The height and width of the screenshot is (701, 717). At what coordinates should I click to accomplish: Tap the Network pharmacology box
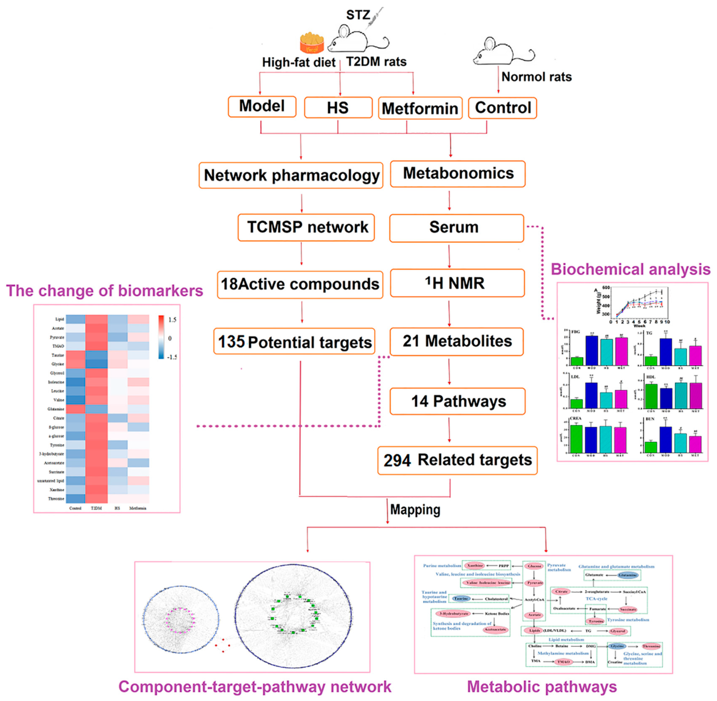[x=291, y=175]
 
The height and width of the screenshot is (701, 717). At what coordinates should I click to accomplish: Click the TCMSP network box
[x=306, y=227]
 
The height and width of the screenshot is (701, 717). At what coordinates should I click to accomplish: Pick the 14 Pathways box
[x=457, y=401]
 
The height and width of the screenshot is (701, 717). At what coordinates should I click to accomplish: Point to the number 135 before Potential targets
[x=231, y=342]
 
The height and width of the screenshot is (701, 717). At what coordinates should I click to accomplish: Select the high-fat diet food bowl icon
[x=312, y=43]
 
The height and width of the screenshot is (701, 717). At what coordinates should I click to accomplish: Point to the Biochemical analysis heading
[x=630, y=269]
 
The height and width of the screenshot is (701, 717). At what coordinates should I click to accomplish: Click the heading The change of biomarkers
[x=104, y=291]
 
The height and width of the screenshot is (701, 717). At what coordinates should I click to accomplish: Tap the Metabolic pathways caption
[x=542, y=687]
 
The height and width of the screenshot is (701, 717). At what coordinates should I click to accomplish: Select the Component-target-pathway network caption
[x=255, y=687]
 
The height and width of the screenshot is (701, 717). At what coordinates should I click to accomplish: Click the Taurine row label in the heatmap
[x=58, y=355]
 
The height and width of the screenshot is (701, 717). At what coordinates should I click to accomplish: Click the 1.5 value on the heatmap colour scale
[x=172, y=320]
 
